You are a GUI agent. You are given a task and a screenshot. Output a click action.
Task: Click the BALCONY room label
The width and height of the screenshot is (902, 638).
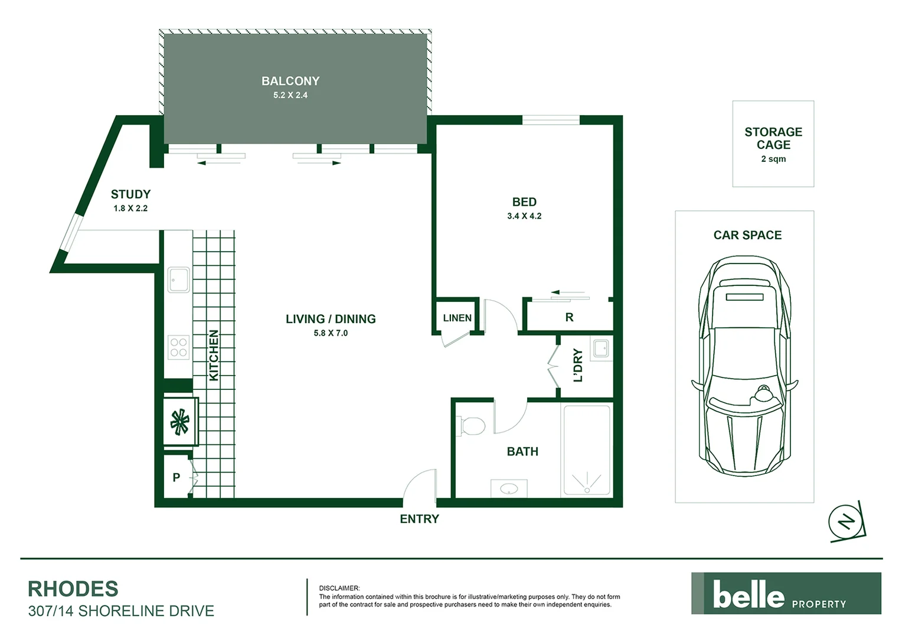click(x=290, y=81)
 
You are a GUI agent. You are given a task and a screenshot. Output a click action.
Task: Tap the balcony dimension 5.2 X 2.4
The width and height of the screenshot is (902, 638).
click(x=290, y=95)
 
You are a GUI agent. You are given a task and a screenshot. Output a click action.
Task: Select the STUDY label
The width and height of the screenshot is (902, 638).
click(x=130, y=194)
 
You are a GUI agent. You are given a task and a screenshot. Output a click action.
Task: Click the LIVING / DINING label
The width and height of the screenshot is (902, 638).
click(x=331, y=319)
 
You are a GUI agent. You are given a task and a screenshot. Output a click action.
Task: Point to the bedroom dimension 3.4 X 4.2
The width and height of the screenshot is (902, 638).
click(x=524, y=216)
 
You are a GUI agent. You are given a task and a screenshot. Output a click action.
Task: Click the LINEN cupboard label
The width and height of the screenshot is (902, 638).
click(x=457, y=318)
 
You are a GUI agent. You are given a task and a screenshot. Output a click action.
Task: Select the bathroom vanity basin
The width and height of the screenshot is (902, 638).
click(x=509, y=489)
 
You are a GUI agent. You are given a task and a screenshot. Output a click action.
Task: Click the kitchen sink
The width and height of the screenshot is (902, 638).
click(x=179, y=279)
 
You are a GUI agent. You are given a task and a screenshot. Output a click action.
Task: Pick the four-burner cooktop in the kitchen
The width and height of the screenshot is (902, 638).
click(x=178, y=347)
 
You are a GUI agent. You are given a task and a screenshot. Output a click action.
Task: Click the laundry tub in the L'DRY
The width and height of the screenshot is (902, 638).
click(x=601, y=349)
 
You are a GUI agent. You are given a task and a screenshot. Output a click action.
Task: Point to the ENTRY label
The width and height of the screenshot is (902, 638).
click(x=419, y=519)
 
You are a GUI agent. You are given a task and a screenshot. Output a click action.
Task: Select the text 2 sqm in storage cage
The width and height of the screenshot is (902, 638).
click(x=773, y=159)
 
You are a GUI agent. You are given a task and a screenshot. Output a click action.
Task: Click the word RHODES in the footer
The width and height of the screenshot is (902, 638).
click(x=73, y=589)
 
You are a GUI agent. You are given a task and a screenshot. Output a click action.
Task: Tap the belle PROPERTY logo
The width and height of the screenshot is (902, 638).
click(x=786, y=594)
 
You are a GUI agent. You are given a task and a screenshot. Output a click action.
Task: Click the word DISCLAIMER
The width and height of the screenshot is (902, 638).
click(x=339, y=588)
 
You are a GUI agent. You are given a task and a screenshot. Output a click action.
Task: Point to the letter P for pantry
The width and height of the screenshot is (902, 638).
click(x=176, y=477)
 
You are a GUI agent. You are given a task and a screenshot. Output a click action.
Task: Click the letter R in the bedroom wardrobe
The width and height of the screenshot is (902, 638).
click(x=569, y=318)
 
